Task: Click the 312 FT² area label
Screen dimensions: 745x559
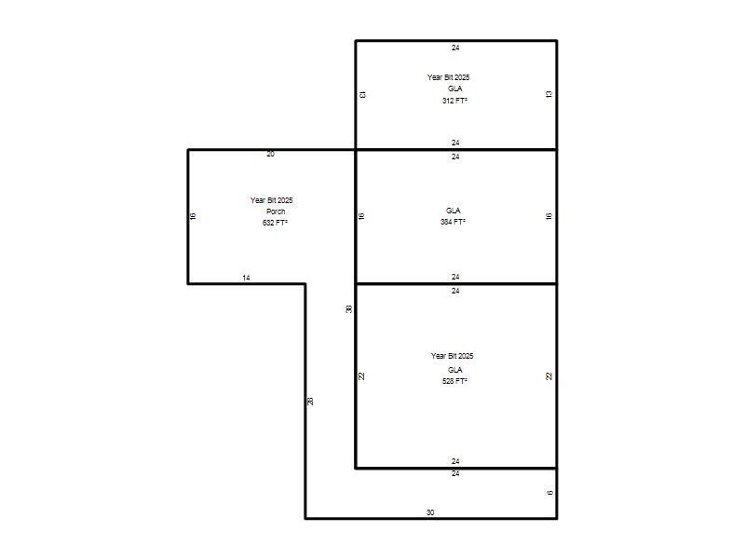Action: (x=454, y=101)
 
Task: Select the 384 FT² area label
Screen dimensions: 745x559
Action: (x=453, y=222)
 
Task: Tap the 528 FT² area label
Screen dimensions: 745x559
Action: (x=454, y=381)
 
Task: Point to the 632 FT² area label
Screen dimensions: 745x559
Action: (x=275, y=223)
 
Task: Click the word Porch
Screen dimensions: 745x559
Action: (x=276, y=211)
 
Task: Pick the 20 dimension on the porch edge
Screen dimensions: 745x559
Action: (x=270, y=154)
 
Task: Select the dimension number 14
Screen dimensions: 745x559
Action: (x=246, y=278)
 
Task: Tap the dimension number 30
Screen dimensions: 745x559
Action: (x=430, y=512)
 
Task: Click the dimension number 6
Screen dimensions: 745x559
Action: (x=549, y=493)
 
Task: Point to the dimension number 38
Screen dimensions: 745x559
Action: (x=348, y=309)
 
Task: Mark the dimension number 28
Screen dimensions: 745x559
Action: (x=310, y=401)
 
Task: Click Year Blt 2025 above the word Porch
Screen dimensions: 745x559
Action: (x=271, y=200)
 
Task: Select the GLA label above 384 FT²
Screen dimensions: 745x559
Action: (x=454, y=211)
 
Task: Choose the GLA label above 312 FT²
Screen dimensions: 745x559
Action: (x=454, y=89)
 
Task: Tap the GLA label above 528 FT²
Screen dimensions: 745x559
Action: (x=454, y=369)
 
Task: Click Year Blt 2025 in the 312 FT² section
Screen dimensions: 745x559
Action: (x=448, y=77)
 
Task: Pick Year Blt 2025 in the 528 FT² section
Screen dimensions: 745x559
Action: (x=452, y=356)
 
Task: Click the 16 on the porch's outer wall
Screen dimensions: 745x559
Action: (x=193, y=216)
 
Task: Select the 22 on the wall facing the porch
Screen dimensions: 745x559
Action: (x=361, y=376)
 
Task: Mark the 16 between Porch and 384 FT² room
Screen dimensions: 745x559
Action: (x=361, y=216)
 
